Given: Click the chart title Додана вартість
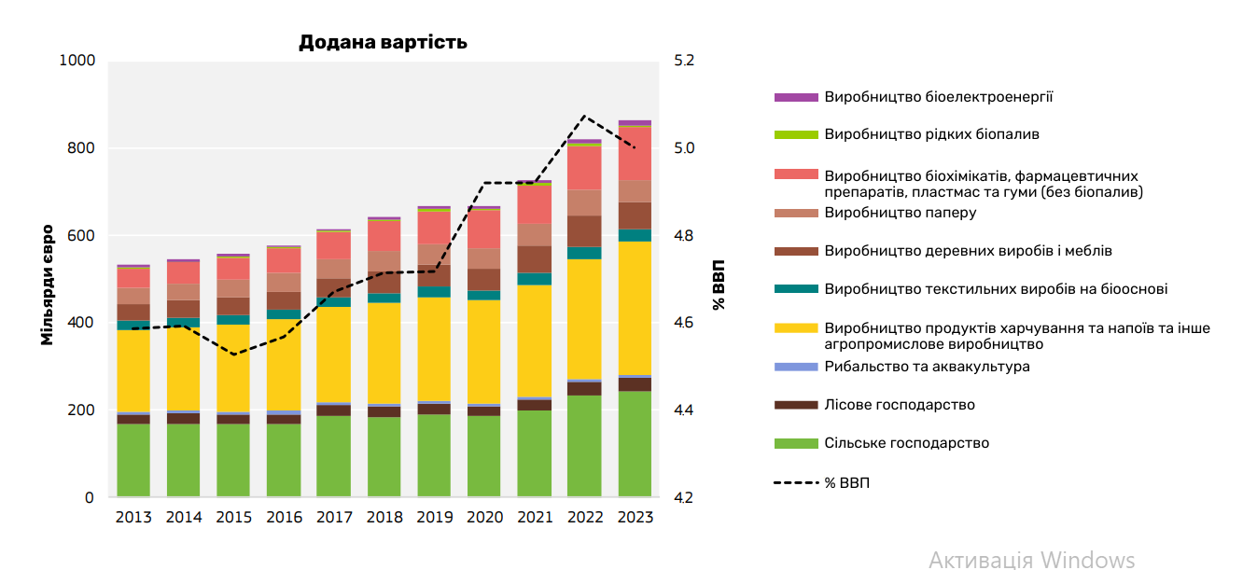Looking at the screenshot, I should pos(383,42).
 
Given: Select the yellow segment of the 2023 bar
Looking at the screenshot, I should pos(635,308).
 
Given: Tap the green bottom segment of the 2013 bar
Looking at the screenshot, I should pos(133,461).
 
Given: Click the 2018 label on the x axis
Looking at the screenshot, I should pos(384,518).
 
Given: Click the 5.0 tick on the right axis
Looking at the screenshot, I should pos(685,148).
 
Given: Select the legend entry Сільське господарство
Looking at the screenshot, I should pos(906,443).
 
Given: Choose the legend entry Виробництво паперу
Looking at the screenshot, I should pos(900,213).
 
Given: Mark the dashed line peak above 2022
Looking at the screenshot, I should pos(584,117).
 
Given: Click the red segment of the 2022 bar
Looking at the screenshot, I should pos(584,168).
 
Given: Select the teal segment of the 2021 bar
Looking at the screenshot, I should pos(535,279).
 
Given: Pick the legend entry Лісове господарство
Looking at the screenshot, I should pos(900,405).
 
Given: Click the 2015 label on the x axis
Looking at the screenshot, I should pos(233,518).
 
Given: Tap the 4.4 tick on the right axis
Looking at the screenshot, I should pos(685,410).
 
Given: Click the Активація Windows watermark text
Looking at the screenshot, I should pos(1031,559).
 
